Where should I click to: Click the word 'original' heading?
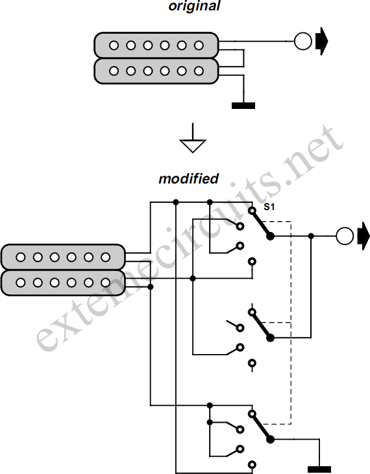tap(194, 6)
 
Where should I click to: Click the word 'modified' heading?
tap(188, 179)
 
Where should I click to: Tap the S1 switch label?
tap(269, 207)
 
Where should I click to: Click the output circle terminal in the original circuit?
tap(303, 41)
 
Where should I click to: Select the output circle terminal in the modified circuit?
tap(345, 236)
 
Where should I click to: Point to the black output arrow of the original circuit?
tap(321, 41)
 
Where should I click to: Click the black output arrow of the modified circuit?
tap(364, 236)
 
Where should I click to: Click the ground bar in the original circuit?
tap(243, 106)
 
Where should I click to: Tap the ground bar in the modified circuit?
tap(319, 469)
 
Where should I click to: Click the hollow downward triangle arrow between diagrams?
tap(193, 146)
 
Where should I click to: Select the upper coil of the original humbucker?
tap(156, 45)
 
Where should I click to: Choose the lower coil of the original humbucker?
tap(156, 71)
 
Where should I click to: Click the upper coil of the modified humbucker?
tap(63, 257)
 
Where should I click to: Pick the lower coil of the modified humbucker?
tap(63, 283)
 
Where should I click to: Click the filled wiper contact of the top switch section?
tap(271, 236)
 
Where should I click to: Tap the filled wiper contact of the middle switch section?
tap(271, 338)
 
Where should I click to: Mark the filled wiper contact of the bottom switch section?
tap(271, 439)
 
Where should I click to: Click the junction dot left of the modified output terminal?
tap(311, 236)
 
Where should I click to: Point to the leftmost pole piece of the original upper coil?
tap(114, 45)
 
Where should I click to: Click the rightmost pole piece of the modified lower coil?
tap(106, 283)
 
